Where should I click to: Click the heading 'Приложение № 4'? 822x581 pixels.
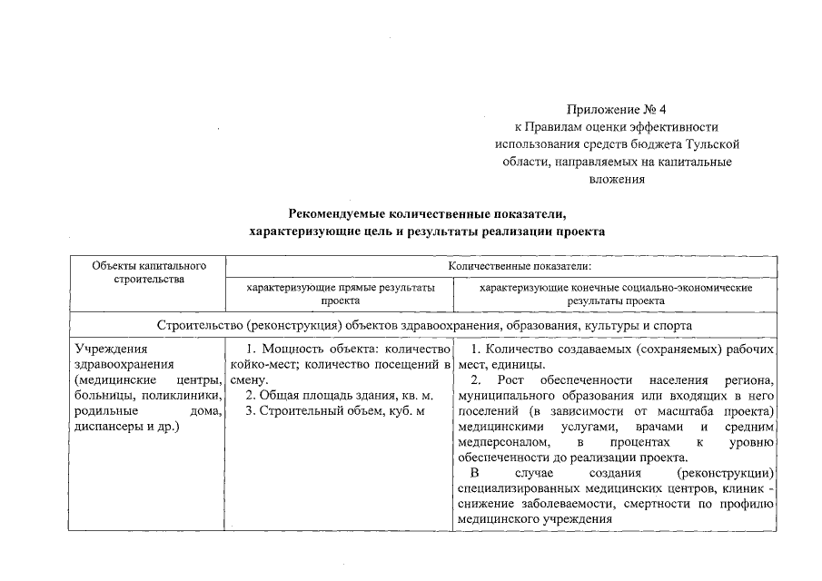point(616,109)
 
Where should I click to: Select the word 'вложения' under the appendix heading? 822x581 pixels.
point(616,179)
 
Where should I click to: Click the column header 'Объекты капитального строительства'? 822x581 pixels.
point(148,272)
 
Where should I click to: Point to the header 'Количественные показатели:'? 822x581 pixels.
point(519,267)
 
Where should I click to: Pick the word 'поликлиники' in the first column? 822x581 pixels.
point(183,395)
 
